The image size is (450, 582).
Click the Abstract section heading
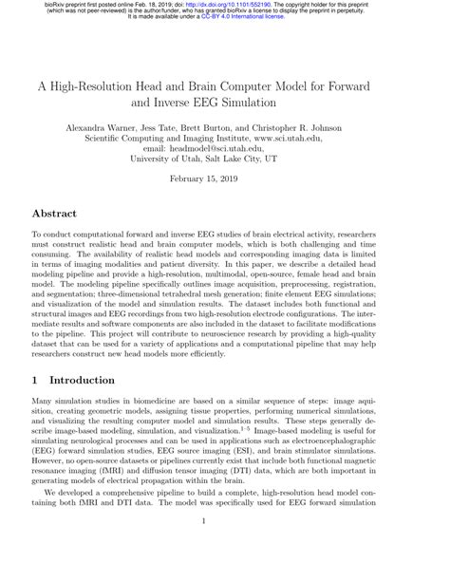(x=62, y=214)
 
